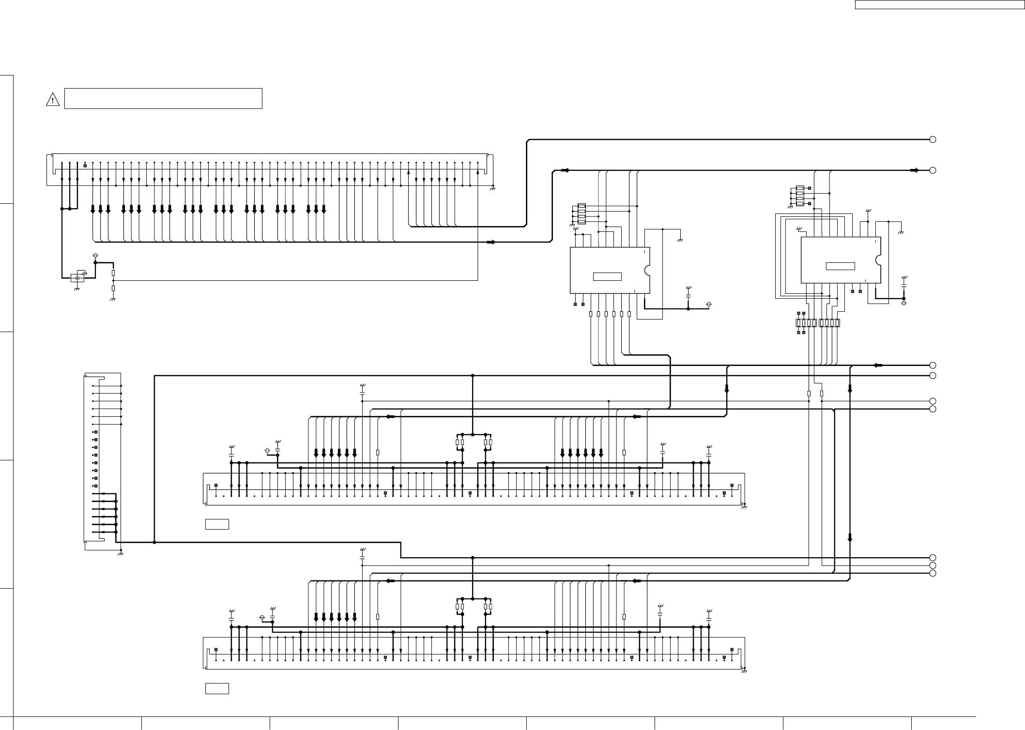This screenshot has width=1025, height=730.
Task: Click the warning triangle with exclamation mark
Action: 52,100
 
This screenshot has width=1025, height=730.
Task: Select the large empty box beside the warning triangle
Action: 163,98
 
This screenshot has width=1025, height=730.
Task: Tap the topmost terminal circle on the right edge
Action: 933,139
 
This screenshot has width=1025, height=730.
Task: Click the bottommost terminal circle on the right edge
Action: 933,573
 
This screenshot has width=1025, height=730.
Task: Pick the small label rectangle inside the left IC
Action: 607,276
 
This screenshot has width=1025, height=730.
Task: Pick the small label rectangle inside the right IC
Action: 840,266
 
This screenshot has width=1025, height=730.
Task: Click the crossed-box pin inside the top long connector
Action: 85,166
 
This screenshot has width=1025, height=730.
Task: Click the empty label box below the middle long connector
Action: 217,524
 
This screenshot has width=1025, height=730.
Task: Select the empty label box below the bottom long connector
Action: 217,688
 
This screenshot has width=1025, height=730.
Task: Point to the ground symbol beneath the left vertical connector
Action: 120,553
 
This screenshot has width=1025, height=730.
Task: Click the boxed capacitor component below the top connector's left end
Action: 77,278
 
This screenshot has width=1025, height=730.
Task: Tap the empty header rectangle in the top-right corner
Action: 939,5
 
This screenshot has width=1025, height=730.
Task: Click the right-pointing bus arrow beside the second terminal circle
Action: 914,170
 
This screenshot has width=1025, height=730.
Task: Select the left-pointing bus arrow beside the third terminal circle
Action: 878,365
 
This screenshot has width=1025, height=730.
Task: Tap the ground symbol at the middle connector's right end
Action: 744,506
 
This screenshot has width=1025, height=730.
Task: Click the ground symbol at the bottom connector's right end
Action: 744,670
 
